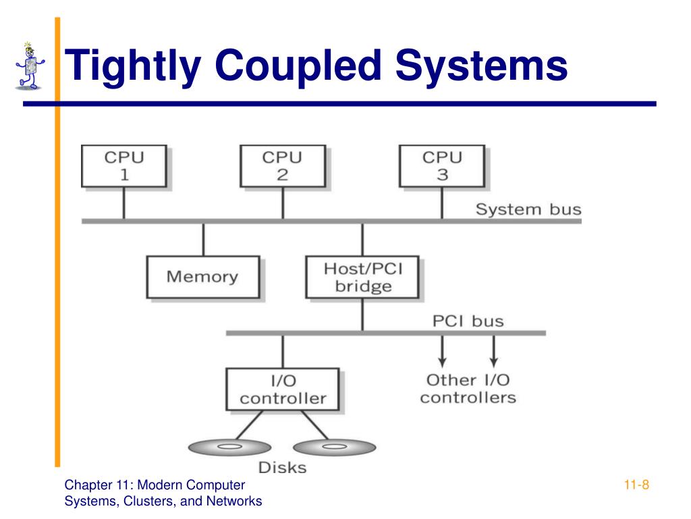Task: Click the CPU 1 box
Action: (x=124, y=166)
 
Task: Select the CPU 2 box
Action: (x=283, y=166)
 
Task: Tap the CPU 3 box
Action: (x=442, y=166)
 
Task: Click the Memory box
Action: (x=203, y=277)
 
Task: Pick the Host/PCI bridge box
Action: (x=362, y=277)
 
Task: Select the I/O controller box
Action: (x=283, y=389)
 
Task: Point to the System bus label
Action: (x=528, y=209)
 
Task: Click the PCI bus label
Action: (x=468, y=321)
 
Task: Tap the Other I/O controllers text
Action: (x=468, y=389)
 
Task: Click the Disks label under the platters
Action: (x=283, y=468)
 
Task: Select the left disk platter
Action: (x=229, y=447)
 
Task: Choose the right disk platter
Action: (x=335, y=447)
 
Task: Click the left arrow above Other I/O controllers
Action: (x=443, y=351)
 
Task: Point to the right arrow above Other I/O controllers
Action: (x=494, y=351)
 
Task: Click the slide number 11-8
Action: (x=636, y=485)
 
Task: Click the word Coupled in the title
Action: (x=298, y=67)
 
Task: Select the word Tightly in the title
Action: (x=133, y=67)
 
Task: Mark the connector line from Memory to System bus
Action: (x=204, y=240)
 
